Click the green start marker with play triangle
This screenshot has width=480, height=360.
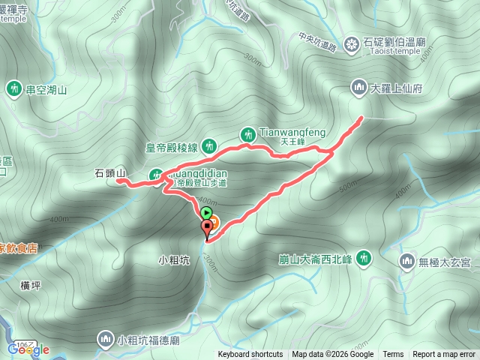pyautogui.click(x=206, y=214)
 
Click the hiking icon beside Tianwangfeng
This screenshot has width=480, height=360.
pyautogui.click(x=248, y=134)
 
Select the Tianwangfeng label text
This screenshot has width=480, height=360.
pyautogui.click(x=292, y=133)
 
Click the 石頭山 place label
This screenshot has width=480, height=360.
pyautogui.click(x=110, y=173)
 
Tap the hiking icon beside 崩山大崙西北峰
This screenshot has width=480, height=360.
pyautogui.click(x=364, y=258)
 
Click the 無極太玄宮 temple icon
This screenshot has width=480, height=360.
pyautogui.click(x=407, y=261)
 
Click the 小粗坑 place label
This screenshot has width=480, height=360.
pyautogui.click(x=172, y=261)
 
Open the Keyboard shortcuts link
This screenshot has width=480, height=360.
pyautogui.click(x=250, y=355)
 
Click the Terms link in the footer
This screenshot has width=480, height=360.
pyautogui.click(x=393, y=355)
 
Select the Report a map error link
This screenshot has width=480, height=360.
pyautogui.click(x=444, y=355)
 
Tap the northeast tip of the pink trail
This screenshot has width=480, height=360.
pyautogui.click(x=362, y=117)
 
